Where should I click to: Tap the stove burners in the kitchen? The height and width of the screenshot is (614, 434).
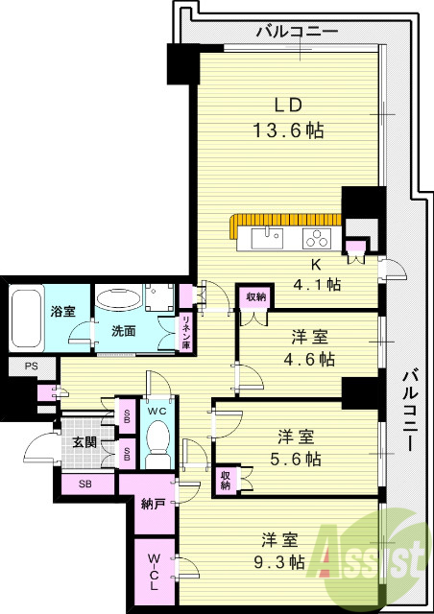click(x=317, y=237)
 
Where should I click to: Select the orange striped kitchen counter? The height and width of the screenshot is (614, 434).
click(x=285, y=220)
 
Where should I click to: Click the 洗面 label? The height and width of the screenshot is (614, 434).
click(x=123, y=331)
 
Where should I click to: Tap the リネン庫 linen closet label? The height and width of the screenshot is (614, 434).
click(x=186, y=331)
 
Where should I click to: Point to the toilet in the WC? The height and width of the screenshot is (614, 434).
click(x=157, y=444)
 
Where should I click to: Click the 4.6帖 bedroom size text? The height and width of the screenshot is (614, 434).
click(x=313, y=360)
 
